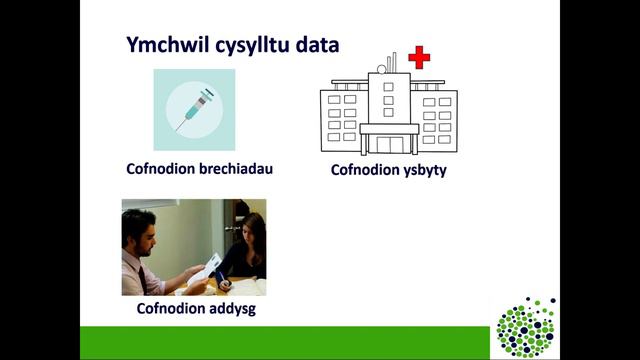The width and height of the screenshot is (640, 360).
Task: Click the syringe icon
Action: pyautogui.click(x=193, y=109)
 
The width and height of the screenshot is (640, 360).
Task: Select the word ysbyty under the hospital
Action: pyautogui.click(x=423, y=171)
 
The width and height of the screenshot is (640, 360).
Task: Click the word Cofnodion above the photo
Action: pyautogui.click(x=160, y=168)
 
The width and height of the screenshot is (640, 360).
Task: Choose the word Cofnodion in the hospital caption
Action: pyautogui.click(x=365, y=171)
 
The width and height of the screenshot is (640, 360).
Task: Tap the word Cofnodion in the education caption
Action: pyautogui.click(x=171, y=308)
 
